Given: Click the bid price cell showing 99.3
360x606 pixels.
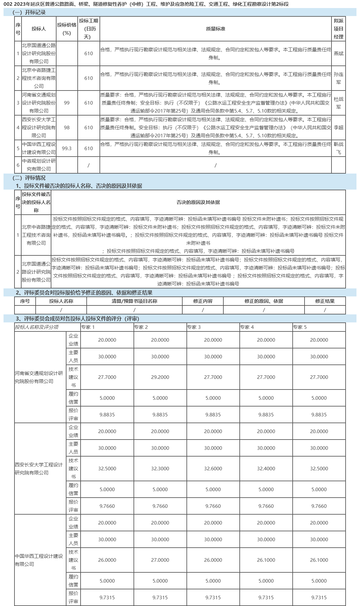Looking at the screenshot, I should click(x=67, y=149).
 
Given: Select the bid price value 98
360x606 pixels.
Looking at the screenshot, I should click(x=67, y=128).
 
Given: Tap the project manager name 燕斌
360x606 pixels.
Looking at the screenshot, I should click(x=339, y=54).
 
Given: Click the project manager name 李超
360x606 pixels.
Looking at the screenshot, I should click(x=339, y=128).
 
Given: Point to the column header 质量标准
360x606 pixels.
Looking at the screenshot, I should click(x=216, y=29).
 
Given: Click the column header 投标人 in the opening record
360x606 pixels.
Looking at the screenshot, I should click(x=39, y=29).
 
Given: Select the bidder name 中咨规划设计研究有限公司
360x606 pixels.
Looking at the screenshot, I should click(x=39, y=165).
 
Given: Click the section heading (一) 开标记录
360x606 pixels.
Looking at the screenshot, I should click(x=29, y=13).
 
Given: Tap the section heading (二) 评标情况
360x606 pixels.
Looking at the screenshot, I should click(x=29, y=178).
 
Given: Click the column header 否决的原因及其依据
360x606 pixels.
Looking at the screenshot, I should click(x=198, y=202).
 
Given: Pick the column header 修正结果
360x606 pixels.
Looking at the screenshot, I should click(x=325, y=301).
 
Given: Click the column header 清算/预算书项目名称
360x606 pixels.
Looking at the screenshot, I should click(x=134, y=301).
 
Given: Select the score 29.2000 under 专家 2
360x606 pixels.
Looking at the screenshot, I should click(x=160, y=377).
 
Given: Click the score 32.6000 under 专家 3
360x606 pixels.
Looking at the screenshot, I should click(x=213, y=469).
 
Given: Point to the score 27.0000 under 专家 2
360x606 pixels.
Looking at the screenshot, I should click(x=160, y=560).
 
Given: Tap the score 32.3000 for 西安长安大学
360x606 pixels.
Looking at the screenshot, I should click(x=160, y=469).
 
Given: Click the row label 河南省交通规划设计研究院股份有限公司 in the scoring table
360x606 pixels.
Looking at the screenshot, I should click(x=39, y=377).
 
